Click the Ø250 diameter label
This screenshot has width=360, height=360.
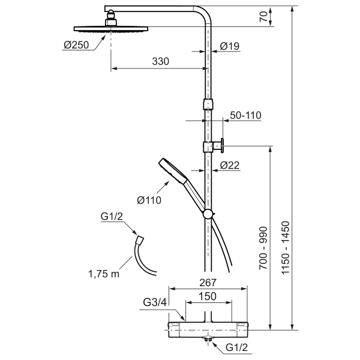tap(76, 45)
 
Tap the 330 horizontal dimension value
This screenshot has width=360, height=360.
tap(160, 61)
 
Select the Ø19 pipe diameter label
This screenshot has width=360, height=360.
tap(230, 46)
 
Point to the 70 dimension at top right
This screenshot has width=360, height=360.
tap(264, 17)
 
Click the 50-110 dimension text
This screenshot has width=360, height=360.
tap(245, 115)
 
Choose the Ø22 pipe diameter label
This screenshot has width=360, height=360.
tap(230, 165)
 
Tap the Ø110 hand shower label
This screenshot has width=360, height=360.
tap(149, 200)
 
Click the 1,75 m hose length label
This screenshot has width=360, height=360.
tap(104, 274)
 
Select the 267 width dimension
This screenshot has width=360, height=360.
tap(208, 283)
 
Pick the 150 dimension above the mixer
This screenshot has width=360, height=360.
tap(208, 296)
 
